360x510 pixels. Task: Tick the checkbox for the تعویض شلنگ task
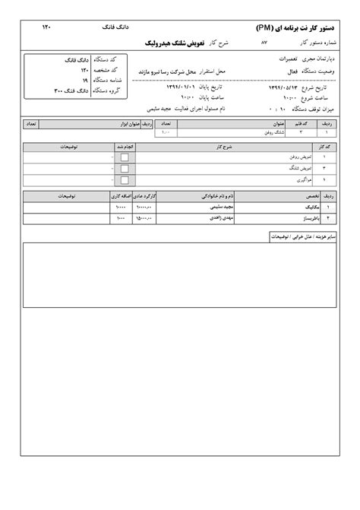click(125, 168)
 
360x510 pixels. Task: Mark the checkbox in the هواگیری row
click(125, 179)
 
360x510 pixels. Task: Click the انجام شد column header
click(125, 147)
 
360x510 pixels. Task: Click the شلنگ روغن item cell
click(245, 131)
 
